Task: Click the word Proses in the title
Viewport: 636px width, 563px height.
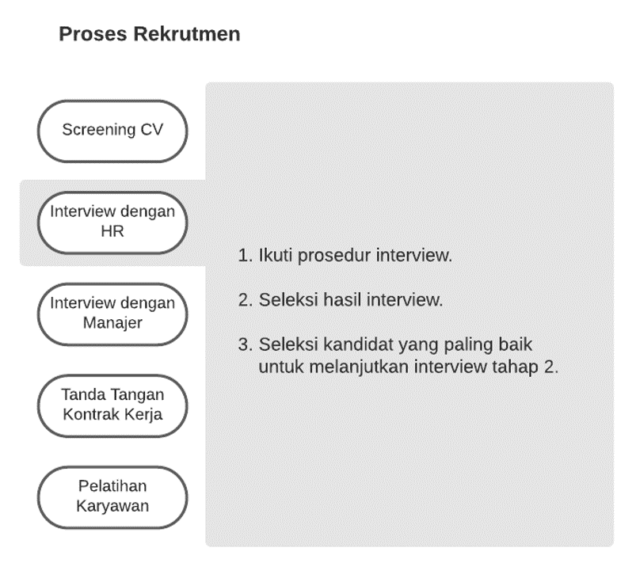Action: (93, 34)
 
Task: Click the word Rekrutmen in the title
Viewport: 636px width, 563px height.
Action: (187, 34)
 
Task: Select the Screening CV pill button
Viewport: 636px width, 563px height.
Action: (112, 131)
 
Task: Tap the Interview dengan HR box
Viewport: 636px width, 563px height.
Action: (112, 223)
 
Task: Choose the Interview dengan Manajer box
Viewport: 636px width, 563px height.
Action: (112, 314)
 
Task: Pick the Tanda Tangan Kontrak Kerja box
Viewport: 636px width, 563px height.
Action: (112, 405)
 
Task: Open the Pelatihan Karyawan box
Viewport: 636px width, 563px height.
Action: (112, 497)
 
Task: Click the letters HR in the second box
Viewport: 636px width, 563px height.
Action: (112, 231)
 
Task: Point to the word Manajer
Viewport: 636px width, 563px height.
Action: (112, 323)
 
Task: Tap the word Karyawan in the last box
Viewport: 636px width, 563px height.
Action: (112, 506)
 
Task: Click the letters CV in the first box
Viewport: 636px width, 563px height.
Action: (152, 130)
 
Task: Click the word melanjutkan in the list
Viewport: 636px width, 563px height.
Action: (359, 367)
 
